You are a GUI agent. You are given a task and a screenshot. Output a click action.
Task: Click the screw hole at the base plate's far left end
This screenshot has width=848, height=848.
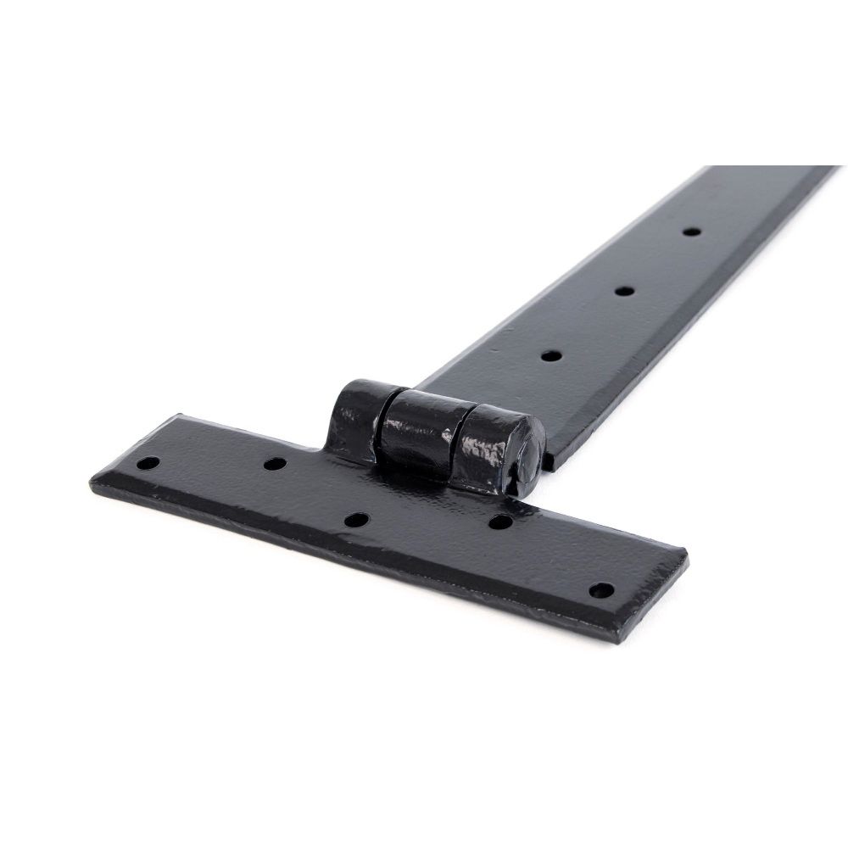pyautogui.click(x=148, y=463)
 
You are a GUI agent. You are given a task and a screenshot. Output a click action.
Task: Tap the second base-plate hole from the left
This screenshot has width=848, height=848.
pyautogui.click(x=274, y=464)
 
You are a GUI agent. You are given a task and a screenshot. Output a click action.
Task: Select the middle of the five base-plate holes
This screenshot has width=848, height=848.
pyautogui.click(x=357, y=520)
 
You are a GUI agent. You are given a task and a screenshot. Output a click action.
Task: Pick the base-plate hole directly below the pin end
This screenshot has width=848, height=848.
pyautogui.click(x=500, y=522)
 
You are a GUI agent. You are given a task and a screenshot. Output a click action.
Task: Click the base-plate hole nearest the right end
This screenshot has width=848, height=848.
pyautogui.click(x=601, y=589)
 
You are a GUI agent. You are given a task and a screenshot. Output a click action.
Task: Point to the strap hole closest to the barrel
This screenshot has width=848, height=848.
pyautogui.click(x=550, y=356)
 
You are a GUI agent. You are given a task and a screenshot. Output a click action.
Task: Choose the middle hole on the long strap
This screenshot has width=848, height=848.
pyautogui.click(x=624, y=291)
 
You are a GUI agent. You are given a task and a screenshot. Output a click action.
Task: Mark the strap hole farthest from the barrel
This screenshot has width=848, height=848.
pyautogui.click(x=691, y=231)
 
